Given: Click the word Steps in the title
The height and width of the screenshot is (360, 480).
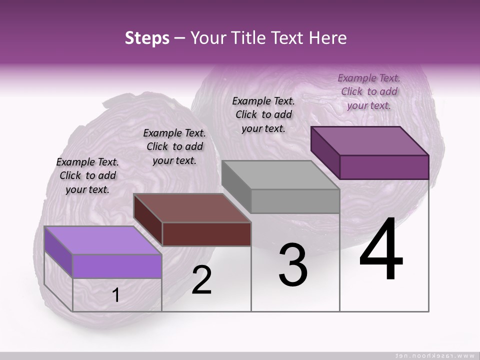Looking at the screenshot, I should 147,38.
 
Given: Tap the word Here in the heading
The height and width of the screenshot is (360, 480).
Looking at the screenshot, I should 327,38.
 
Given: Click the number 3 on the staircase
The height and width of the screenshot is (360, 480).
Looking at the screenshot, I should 293,265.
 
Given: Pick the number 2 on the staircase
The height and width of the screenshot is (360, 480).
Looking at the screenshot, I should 202,280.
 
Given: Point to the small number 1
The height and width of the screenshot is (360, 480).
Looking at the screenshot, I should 116,295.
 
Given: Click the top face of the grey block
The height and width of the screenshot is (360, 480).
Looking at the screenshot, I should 280,175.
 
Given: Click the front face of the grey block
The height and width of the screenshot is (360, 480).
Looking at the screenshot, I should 295,201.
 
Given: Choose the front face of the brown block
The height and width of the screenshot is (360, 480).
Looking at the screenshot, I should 206,234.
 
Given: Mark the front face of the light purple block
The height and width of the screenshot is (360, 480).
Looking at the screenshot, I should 117,266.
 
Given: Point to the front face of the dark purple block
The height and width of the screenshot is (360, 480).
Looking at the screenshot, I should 384,167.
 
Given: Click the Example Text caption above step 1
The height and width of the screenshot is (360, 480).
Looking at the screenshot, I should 87,175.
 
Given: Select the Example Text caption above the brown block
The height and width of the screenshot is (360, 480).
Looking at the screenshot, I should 174,146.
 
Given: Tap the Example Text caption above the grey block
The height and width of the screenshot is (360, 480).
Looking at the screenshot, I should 263,114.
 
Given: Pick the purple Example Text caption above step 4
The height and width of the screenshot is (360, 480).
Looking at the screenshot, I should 369,91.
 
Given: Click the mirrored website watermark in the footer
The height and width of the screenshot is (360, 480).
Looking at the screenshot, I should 434,355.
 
